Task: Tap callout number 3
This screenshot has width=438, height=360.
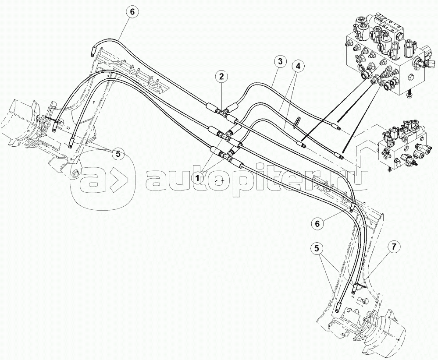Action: pyautogui.click(x=280, y=62)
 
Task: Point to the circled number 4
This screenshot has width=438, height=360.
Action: pyautogui.click(x=298, y=67)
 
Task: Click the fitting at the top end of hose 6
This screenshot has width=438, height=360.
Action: pyautogui.click(x=93, y=52)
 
